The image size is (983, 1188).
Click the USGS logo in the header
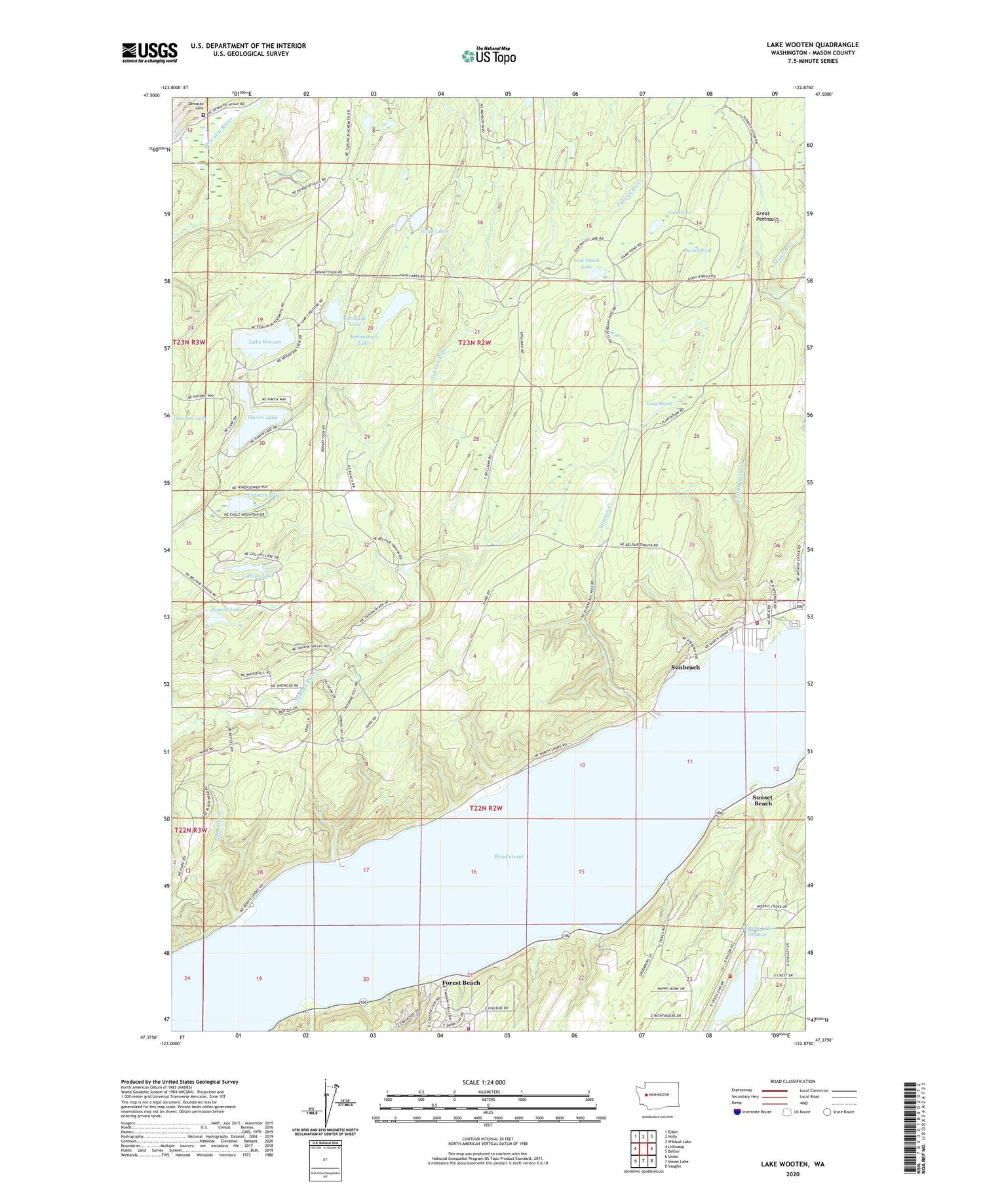tap(149, 52)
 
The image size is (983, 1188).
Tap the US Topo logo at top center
tap(488, 56)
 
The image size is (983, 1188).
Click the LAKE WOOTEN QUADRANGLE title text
tap(812, 45)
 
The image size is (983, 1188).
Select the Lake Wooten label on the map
tap(265, 342)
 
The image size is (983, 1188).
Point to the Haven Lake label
tap(263, 417)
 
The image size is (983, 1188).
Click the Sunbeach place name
tap(685, 667)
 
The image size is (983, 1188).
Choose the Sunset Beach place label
tap(763, 801)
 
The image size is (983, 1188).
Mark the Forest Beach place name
tap(461, 983)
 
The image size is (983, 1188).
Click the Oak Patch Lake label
tap(587, 263)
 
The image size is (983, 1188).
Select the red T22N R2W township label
tap(486, 808)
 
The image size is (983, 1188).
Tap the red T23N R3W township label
tap(189, 342)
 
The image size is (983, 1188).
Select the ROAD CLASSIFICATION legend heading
tap(793, 1081)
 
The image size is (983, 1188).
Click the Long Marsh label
tap(659, 404)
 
